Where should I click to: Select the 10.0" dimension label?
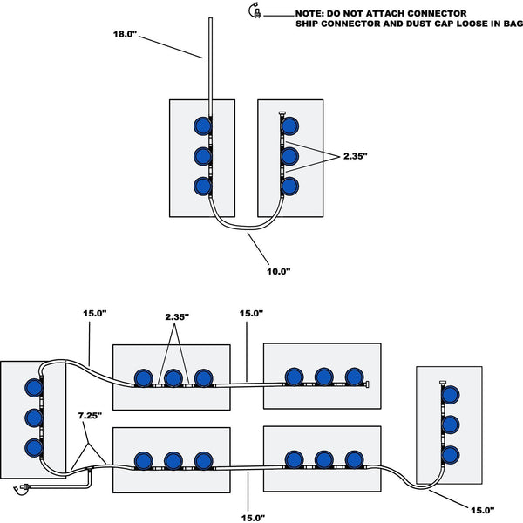(x=278, y=271)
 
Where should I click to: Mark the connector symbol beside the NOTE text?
(x=255, y=10)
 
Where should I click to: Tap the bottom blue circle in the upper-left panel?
(x=203, y=186)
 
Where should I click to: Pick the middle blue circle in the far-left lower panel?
(x=34, y=416)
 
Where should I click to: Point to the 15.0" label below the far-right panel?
(x=480, y=508)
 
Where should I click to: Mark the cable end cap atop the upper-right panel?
(x=281, y=115)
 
